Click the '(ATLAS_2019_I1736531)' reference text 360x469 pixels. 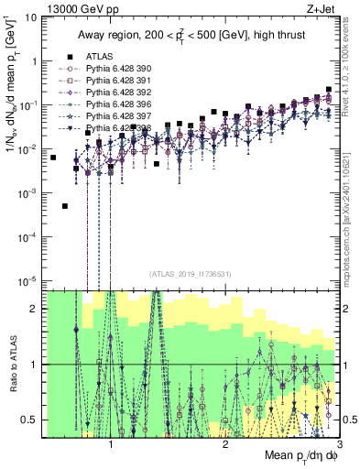(190, 273)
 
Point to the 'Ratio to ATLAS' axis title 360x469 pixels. (10, 365)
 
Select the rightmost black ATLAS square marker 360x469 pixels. (329, 90)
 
